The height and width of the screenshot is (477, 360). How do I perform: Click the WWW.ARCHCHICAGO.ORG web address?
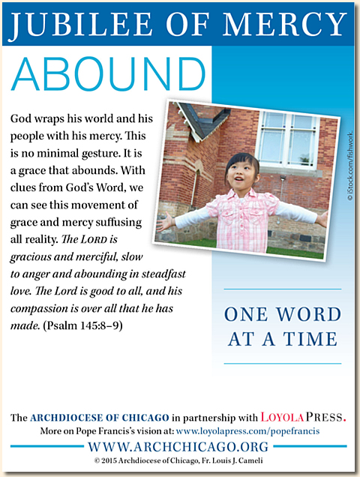click(180, 446)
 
